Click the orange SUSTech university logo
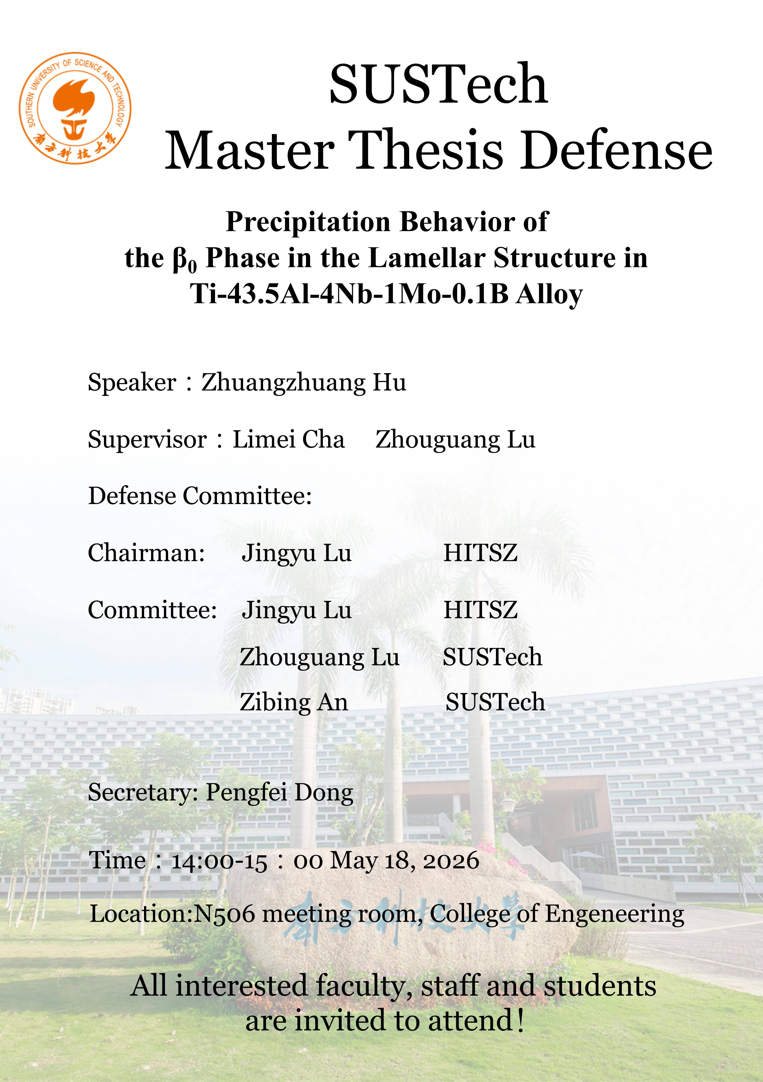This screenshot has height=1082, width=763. pyautogui.click(x=75, y=108)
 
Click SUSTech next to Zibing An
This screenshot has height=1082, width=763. pyautogui.click(x=495, y=702)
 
